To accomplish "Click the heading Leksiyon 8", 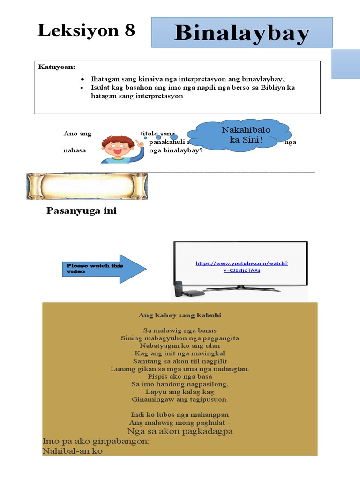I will [86, 30].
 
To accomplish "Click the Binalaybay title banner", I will [242, 33].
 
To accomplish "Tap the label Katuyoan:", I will [56, 67].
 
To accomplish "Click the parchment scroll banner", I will [87, 186].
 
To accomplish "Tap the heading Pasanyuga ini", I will [82, 211].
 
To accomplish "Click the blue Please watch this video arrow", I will [105, 269].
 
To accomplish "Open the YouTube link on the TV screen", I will [241, 267].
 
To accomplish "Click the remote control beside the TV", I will [178, 289].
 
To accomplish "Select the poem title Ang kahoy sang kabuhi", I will [180, 315].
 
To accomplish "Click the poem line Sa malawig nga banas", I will [180, 330].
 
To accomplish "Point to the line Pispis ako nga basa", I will [180, 376].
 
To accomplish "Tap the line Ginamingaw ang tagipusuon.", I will [180, 399].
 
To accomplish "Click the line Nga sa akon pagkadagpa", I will [180, 431].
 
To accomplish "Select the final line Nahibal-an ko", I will [72, 451].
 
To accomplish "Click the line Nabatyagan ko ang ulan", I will [180, 346].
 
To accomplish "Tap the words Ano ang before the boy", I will [77, 134].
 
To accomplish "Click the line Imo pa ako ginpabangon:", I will [96, 441].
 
